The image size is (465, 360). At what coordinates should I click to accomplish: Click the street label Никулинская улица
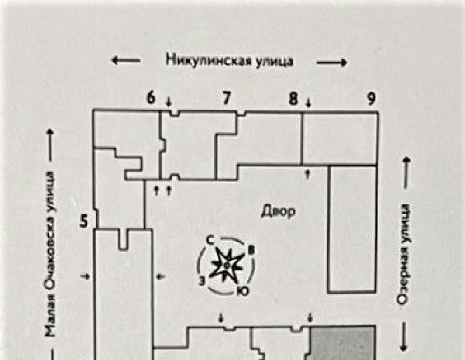229,61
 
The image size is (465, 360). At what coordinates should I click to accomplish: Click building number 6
151,98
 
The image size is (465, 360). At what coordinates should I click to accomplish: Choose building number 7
226,98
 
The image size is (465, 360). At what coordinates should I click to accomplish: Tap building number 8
294,98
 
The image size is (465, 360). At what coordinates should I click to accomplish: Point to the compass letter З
202,281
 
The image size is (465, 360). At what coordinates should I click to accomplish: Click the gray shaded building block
341,343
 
